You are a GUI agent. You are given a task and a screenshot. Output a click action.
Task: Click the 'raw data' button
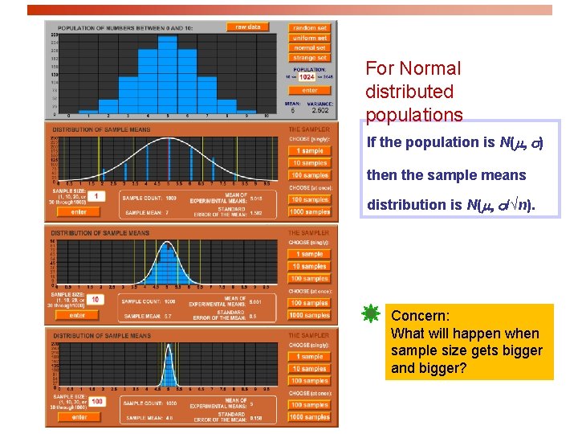pyautogui.click(x=247, y=27)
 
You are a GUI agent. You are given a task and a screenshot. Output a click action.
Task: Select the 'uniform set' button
pyautogui.click(x=310, y=38)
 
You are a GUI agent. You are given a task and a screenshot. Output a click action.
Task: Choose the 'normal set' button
pyautogui.click(x=310, y=48)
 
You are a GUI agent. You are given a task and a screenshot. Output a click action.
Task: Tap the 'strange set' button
pyautogui.click(x=310, y=58)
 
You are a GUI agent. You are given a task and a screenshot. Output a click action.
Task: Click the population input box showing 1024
pyautogui.click(x=307, y=77)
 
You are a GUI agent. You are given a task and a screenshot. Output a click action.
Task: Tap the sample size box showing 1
pyautogui.click(x=95, y=196)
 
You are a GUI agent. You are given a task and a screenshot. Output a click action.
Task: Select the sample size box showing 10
pyautogui.click(x=95, y=299)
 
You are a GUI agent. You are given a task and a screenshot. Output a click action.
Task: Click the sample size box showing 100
pyautogui.click(x=96, y=401)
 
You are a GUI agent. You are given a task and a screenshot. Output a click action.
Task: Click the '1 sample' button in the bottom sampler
pyautogui.click(x=310, y=356)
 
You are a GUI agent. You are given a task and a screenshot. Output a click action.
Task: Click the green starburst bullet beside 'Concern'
pyautogui.click(x=371, y=315)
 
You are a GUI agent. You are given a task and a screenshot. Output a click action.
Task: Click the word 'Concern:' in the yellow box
pyautogui.click(x=414, y=316)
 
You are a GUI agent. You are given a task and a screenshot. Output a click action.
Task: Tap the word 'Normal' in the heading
pyautogui.click(x=434, y=69)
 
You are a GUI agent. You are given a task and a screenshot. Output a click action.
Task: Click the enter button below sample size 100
pyautogui.click(x=79, y=417)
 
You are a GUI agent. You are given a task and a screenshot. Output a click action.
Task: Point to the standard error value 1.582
pyautogui.click(x=258, y=213)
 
